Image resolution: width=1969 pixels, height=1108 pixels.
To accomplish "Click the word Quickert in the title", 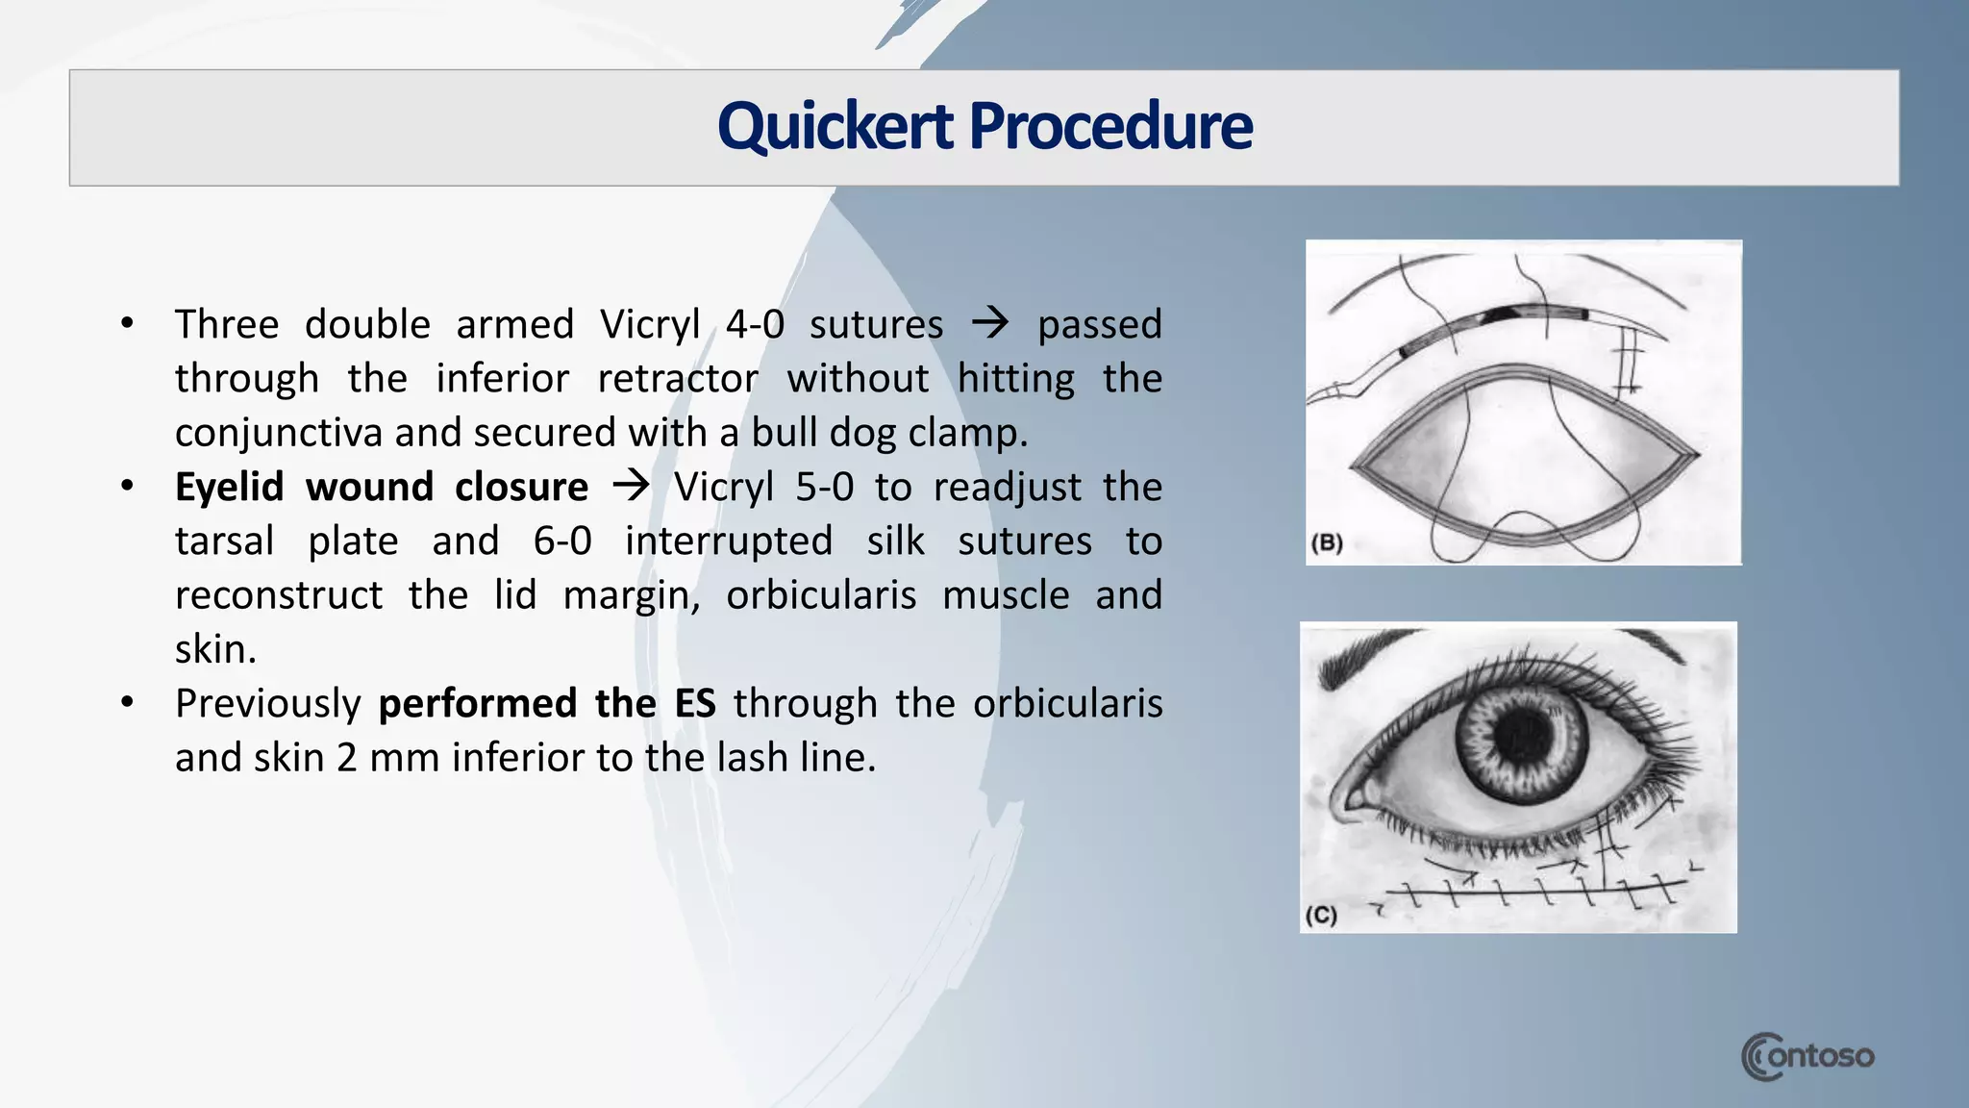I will point(835,127).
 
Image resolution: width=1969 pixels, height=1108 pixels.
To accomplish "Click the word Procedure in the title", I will point(1110,127).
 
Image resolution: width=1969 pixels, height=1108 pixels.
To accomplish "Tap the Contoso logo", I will point(1807,1056).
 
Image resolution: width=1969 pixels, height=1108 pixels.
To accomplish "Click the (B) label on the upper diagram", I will point(1327,542).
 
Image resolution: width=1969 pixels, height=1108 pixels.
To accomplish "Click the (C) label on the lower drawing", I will point(1321,915).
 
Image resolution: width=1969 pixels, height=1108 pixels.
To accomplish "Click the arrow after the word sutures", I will point(990,323).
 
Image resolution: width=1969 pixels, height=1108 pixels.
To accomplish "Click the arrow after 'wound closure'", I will point(631,486).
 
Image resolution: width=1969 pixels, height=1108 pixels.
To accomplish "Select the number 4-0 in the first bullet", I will point(755,325).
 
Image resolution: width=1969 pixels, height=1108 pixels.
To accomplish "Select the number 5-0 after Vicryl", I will point(824,488).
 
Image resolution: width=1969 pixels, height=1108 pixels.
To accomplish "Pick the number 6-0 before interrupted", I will point(562,541).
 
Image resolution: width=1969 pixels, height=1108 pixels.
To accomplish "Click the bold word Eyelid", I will point(229,488).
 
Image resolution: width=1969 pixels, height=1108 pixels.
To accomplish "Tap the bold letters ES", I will point(694,704).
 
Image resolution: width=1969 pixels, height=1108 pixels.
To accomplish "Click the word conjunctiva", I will point(279,434).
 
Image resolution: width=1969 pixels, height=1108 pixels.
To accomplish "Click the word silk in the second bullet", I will point(895,541).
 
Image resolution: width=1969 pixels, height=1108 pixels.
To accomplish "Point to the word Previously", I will point(267,704).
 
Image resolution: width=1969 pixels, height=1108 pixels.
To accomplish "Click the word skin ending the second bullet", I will point(214,650).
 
